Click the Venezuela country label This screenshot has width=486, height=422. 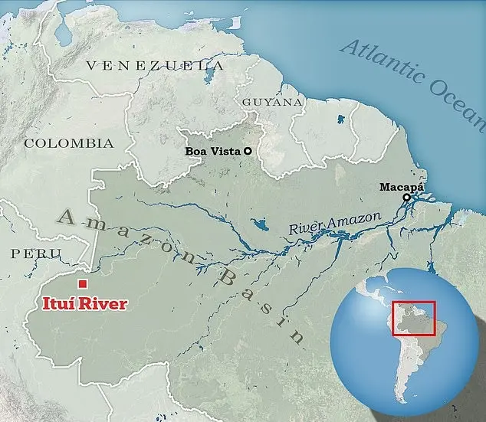point(156,67)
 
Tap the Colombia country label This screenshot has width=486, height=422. point(69,143)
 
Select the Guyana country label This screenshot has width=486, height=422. point(273,101)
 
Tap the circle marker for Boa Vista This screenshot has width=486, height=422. point(248,152)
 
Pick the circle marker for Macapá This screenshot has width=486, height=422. point(406,198)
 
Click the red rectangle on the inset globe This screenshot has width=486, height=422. point(414,319)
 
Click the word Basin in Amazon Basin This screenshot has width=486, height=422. point(261,303)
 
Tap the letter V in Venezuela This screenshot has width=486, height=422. point(91,67)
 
